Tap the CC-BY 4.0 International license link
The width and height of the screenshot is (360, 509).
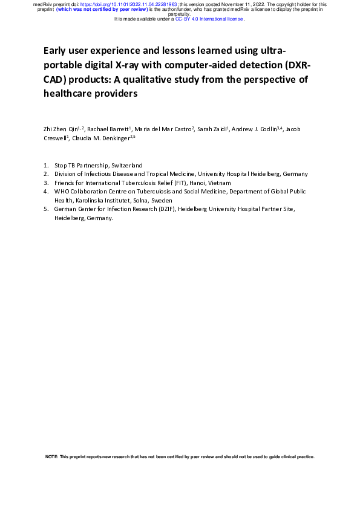(x=209, y=19)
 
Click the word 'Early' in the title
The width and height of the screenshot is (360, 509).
(x=56, y=50)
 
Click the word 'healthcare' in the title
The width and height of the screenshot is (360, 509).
(x=69, y=94)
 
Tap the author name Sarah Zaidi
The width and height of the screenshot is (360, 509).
(x=211, y=129)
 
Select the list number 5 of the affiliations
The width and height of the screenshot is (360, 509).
(x=46, y=209)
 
